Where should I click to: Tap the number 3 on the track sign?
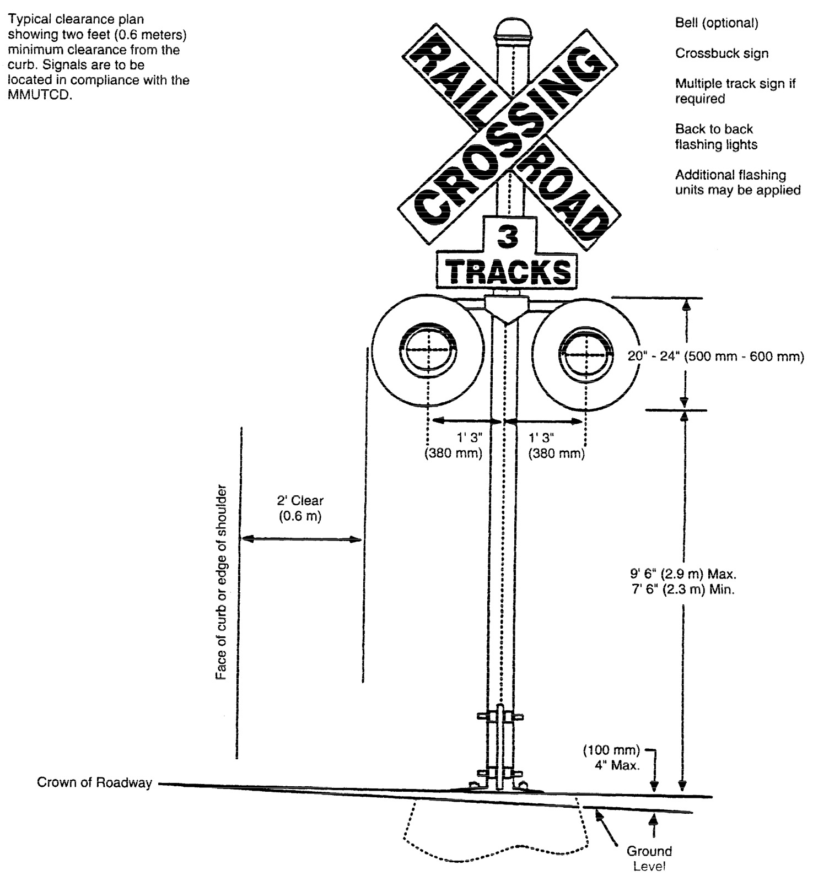[x=508, y=236]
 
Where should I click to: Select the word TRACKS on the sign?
[x=508, y=272]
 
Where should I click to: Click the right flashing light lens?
[x=586, y=353]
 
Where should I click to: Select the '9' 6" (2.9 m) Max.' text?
[x=683, y=574]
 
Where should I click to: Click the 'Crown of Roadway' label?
[x=94, y=782]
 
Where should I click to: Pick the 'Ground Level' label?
[x=649, y=858]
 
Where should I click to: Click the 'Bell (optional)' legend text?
[x=717, y=23]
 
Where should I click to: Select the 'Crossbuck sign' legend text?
[x=722, y=53]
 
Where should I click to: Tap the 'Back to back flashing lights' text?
[x=715, y=137]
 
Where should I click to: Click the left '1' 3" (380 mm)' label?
[x=453, y=445]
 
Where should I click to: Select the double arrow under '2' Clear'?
[x=301, y=539]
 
